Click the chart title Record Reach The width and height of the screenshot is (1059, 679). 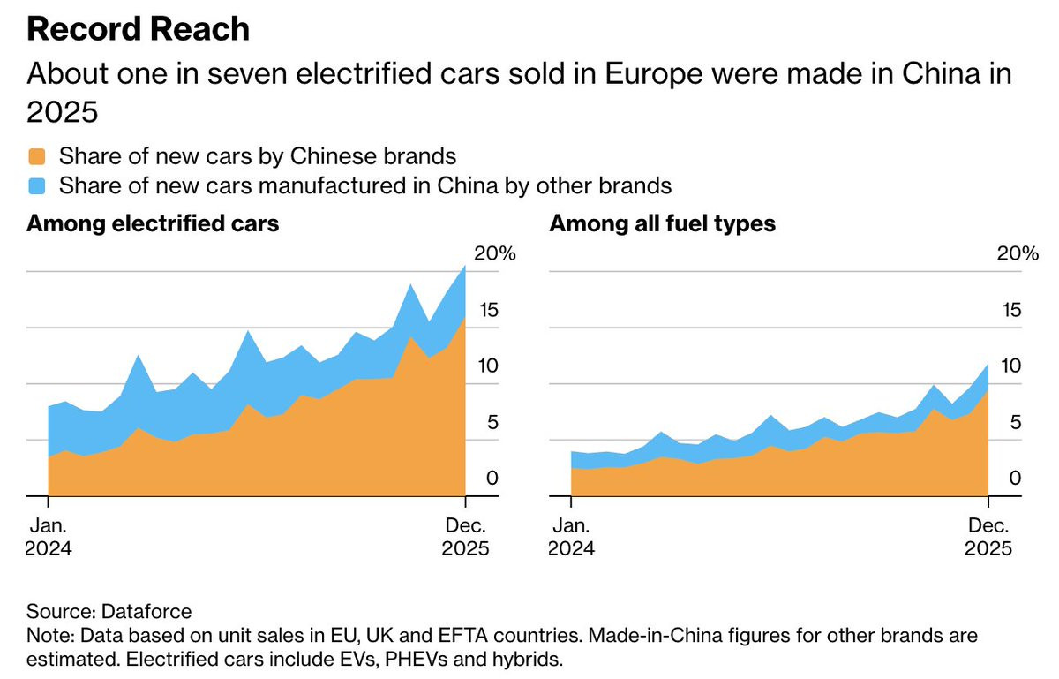coord(138,30)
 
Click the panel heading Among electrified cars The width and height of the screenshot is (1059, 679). coord(153,223)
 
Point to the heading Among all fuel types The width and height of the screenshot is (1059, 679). coord(662,223)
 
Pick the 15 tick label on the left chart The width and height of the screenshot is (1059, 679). coord(486,310)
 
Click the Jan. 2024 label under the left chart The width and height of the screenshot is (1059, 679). coord(49,535)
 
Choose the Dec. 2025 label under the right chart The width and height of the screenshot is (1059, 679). coord(988,535)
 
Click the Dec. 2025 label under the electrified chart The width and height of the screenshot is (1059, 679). coord(465,535)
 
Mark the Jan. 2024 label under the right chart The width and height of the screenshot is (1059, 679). coord(572,535)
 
